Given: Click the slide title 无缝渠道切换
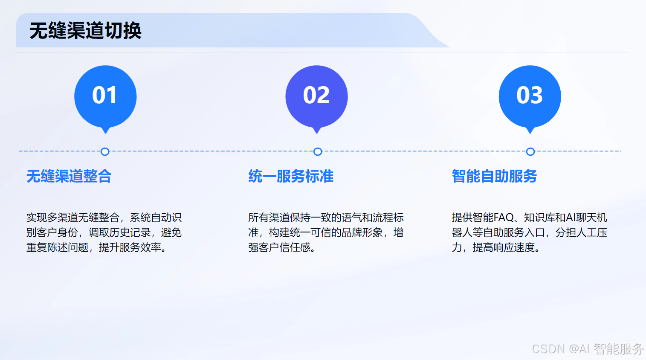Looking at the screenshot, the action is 85,31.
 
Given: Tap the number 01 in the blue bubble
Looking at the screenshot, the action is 104,95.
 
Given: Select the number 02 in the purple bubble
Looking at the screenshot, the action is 316,95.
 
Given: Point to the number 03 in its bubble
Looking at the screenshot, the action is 530,95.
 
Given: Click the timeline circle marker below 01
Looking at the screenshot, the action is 105,151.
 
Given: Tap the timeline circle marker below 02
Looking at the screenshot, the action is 318,151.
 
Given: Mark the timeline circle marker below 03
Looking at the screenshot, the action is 530,151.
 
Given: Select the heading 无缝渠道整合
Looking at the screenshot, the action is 69,176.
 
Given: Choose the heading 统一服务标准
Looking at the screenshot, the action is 291,176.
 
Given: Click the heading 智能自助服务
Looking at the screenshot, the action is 494,176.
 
